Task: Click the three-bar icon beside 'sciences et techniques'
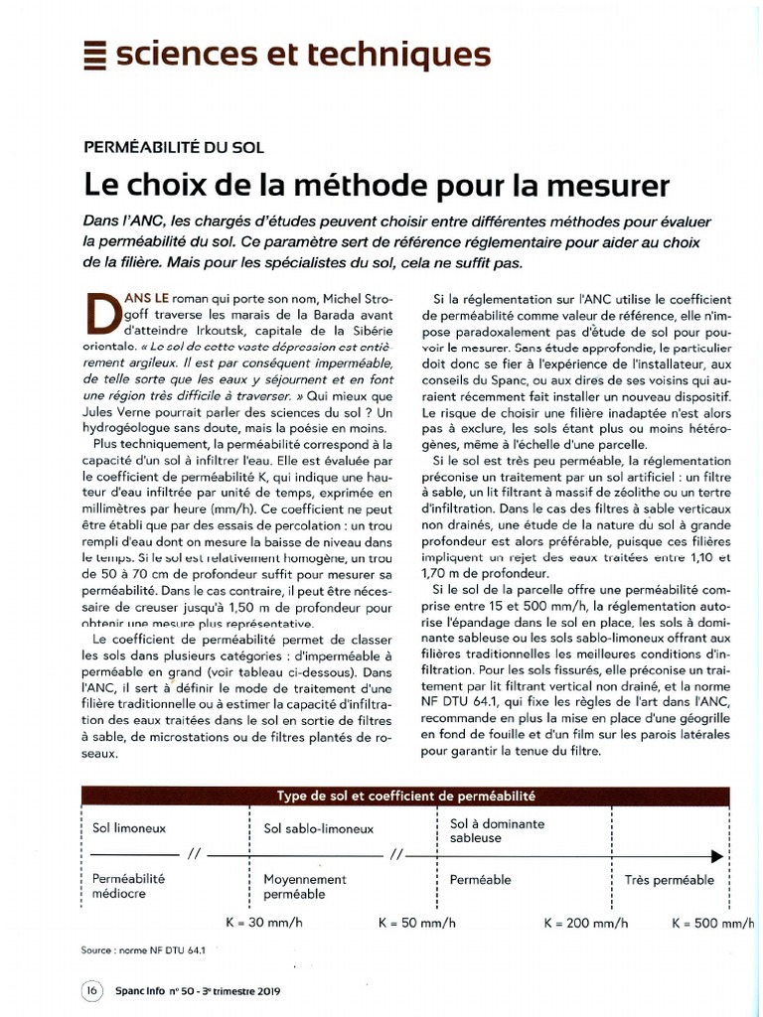[x=95, y=54]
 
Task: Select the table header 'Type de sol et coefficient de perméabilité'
[x=405, y=797]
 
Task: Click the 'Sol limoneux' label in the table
[x=129, y=827]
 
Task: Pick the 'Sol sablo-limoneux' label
[x=319, y=828]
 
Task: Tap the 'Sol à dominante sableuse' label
[x=498, y=831]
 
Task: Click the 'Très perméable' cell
[x=669, y=880]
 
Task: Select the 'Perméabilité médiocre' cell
[x=128, y=886]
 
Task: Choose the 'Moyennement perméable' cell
[x=305, y=887]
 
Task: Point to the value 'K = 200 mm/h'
[x=586, y=923]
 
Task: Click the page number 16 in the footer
[x=90, y=991]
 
